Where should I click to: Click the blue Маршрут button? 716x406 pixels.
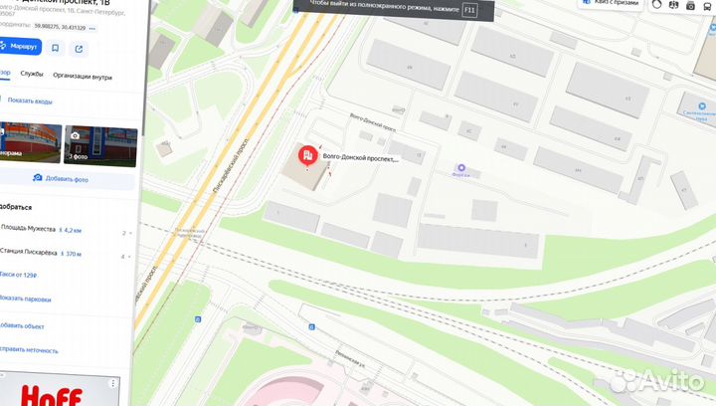[19, 47]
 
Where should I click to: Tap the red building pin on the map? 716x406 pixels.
[308, 156]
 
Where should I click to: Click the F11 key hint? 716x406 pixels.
[469, 9]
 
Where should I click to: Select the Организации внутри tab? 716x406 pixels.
[83, 76]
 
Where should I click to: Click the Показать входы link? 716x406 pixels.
[30, 101]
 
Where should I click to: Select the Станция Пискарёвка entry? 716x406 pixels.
[29, 254]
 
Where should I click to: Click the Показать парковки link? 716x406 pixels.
[26, 299]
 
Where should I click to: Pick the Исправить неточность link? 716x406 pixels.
[29, 350]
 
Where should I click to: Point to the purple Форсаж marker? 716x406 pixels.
[459, 167]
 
